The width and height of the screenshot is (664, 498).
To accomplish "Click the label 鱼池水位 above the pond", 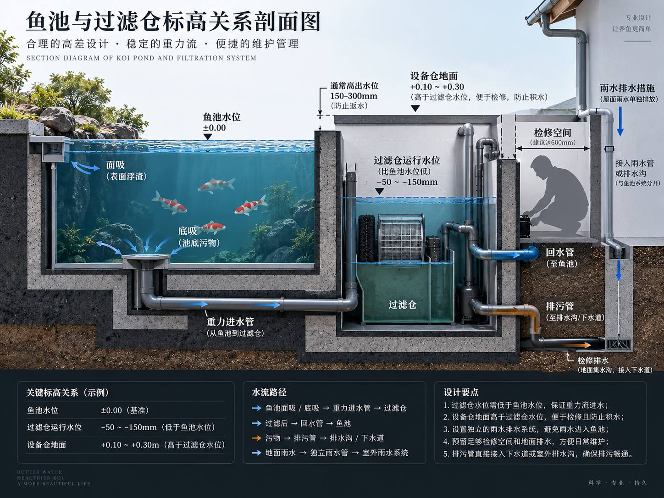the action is point(221,117).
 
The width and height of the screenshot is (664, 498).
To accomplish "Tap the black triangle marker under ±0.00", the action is point(208,137).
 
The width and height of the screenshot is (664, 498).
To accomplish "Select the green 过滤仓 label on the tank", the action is point(402,304).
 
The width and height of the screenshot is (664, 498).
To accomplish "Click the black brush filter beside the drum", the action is point(367,238).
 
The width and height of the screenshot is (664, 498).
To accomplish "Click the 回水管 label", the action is point(559,252).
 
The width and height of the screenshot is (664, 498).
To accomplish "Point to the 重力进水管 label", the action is point(230,322).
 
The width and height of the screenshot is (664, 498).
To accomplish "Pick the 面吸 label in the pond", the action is point(115,165).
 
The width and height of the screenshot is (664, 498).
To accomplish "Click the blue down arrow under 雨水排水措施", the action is point(620,122).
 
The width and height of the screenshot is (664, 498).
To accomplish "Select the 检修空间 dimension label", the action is point(553,133).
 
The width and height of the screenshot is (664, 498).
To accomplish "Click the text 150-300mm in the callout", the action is point(354,96).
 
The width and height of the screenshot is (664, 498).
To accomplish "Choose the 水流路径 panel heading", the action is point(269,392).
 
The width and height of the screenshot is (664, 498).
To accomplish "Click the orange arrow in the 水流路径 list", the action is point(256,438).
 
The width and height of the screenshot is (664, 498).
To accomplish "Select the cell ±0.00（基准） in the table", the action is point(125,410).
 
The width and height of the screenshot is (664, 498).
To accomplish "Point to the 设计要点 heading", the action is point(461,392).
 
